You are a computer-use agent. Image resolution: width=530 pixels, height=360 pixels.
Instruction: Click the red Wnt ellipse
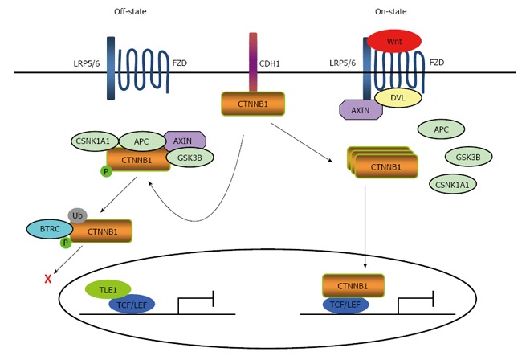393,40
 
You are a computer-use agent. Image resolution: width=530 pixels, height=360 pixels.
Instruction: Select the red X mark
48,279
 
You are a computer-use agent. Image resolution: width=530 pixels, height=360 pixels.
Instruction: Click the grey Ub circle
78,215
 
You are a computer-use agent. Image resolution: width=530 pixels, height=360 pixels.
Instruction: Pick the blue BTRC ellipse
50,229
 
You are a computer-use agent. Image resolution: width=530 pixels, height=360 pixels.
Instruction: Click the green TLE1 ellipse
108,289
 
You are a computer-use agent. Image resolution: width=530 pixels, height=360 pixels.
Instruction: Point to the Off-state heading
129,10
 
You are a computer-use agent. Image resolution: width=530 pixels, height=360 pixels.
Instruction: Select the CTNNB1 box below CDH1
253,104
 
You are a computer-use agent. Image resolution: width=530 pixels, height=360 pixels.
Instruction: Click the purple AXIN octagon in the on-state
361,110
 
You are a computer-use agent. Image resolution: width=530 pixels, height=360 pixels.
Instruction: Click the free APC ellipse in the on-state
441,129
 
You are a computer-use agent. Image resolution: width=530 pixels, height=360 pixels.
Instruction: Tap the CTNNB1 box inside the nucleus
353,286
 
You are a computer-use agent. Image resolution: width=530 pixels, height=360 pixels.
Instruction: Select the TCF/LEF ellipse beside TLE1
132,305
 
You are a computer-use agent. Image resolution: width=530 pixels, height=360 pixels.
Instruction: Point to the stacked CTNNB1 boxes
383,165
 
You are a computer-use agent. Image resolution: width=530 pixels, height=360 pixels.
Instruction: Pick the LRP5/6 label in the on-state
344,63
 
